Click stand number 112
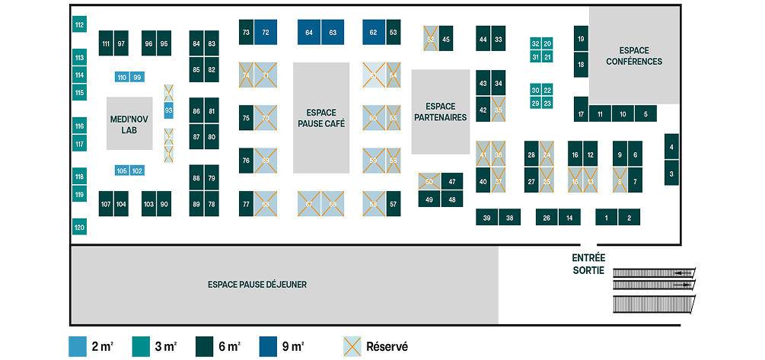[x=79, y=25]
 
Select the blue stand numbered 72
[x=265, y=33]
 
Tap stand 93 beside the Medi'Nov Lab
[x=168, y=111]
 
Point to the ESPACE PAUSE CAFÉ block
[x=321, y=117]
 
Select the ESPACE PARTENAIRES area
[x=441, y=112]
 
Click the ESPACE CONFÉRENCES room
[x=634, y=56]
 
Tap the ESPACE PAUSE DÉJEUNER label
[x=257, y=284]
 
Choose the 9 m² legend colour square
[x=269, y=346]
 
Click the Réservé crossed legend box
[x=353, y=346]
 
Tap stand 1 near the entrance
[x=607, y=218]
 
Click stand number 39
[x=487, y=218]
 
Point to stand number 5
[x=645, y=114]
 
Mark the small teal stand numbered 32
[x=536, y=44]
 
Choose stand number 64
[x=309, y=33]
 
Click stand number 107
[x=106, y=204]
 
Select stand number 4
[x=671, y=146]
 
